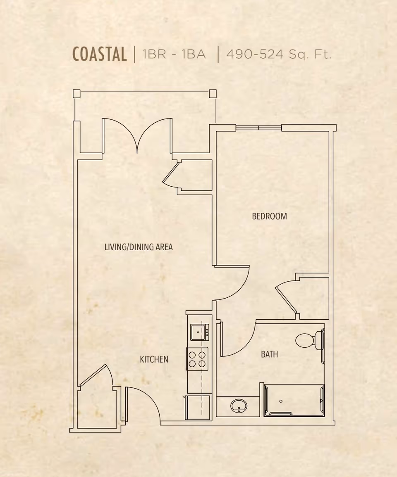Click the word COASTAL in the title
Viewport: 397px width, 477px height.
(100, 55)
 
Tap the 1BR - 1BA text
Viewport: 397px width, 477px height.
(174, 55)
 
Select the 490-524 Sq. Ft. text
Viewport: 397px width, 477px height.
(279, 55)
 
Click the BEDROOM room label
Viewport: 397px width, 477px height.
(269, 216)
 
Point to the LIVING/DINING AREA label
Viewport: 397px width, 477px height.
(139, 247)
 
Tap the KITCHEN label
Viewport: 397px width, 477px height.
(154, 359)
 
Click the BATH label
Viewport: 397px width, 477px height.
(269, 354)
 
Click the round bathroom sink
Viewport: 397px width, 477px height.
(239, 406)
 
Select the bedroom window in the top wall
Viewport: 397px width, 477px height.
(259, 128)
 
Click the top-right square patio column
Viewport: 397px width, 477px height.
(213, 94)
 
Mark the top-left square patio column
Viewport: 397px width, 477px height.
(77, 94)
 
